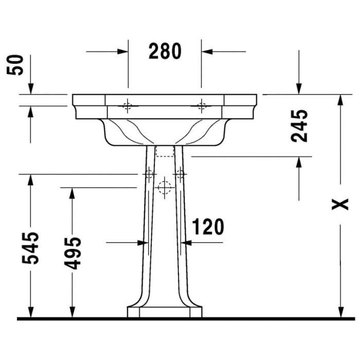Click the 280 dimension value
tap(165, 51)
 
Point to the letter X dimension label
tap(339, 205)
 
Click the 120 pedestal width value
tap(208, 226)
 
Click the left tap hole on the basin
tap(128, 107)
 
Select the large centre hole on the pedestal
tap(164, 189)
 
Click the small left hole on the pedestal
tap(149, 174)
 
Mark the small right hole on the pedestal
tap(179, 174)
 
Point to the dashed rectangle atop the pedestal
tap(165, 151)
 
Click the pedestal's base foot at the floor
tap(165, 312)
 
